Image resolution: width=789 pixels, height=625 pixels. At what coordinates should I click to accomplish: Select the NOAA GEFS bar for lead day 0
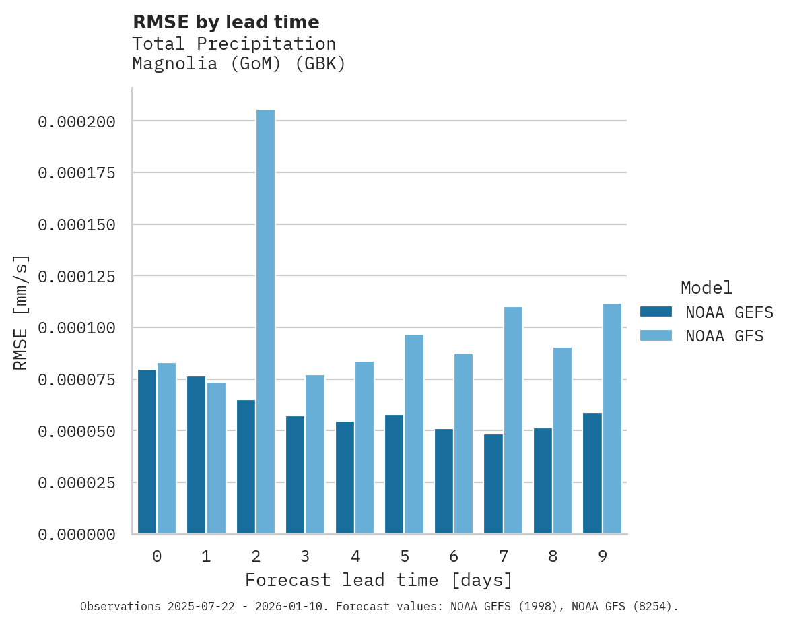coord(147,451)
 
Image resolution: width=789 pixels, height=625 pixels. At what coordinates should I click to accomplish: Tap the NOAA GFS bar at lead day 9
coord(612,418)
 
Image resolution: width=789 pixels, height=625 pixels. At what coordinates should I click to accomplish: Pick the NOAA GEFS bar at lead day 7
coord(493,484)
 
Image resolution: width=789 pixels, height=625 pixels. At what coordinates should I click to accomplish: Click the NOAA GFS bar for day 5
coord(414,434)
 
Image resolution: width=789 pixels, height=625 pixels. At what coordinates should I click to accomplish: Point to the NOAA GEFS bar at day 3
coord(296,475)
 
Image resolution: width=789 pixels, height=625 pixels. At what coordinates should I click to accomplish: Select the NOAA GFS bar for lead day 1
coord(216,458)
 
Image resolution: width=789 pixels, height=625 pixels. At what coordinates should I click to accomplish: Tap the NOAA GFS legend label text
coord(724,335)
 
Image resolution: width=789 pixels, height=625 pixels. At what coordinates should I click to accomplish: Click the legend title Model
coord(706,288)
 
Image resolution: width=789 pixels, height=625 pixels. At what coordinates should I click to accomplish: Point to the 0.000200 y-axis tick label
coord(77,122)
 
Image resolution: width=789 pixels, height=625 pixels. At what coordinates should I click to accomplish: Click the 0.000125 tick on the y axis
coord(77,277)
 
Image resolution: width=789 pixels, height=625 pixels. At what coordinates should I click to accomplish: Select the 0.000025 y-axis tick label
coord(77,483)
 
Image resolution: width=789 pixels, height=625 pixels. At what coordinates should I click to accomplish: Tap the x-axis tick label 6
coord(454,556)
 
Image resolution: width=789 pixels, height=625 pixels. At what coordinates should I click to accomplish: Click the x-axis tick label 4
coord(355,556)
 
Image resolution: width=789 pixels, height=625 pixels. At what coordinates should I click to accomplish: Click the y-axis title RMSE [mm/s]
coord(21,312)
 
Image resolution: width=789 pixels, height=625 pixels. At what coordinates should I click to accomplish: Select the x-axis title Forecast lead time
coord(378,580)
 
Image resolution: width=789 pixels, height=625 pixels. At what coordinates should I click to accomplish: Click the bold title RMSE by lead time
coord(226,22)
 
